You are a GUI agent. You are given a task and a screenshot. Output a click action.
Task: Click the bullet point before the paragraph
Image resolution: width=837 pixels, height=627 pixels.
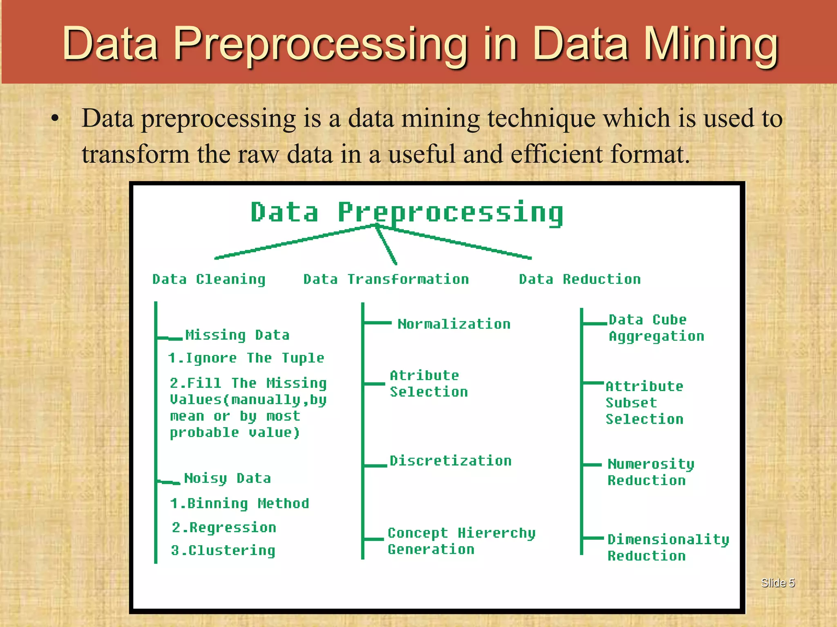tap(55, 119)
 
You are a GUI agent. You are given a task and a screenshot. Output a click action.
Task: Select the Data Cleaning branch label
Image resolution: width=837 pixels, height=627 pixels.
tap(209, 279)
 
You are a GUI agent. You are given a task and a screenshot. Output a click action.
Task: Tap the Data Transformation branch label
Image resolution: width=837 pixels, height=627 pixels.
tap(386, 279)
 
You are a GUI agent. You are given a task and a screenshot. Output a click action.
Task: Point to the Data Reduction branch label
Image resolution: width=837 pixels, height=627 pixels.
tap(580, 279)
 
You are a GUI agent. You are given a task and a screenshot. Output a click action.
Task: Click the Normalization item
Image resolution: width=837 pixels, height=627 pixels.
tap(454, 324)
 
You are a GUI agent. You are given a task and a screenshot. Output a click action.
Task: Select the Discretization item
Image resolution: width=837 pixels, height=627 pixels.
tap(450, 461)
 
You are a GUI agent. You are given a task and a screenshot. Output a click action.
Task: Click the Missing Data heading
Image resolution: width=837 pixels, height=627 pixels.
tap(237, 335)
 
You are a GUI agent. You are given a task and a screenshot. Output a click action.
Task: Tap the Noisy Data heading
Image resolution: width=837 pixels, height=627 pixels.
tap(227, 478)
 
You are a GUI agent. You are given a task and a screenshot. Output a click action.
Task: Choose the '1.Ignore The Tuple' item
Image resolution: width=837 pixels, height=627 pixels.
tap(246, 358)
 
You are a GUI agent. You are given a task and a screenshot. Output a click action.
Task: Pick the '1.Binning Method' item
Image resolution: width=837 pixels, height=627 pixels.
tap(239, 503)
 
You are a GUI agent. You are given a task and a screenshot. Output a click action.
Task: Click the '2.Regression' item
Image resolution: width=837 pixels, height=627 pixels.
tap(224, 527)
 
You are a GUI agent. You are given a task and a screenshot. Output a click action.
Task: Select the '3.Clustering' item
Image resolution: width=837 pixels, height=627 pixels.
tap(223, 550)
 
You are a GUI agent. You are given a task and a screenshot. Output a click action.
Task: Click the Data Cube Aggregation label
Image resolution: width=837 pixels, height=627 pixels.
tap(656, 328)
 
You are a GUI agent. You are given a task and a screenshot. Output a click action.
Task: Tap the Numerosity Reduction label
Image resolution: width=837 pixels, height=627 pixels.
tap(651, 472)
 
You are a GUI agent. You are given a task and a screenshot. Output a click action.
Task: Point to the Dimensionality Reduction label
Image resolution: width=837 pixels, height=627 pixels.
tap(668, 547)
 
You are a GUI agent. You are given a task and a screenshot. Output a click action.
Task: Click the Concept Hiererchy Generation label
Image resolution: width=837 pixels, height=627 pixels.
tap(461, 541)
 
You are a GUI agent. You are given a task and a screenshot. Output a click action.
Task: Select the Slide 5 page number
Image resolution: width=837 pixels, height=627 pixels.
tap(777, 583)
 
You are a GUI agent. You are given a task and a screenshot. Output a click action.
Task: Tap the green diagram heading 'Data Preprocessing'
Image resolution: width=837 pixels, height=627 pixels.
tap(407, 212)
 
